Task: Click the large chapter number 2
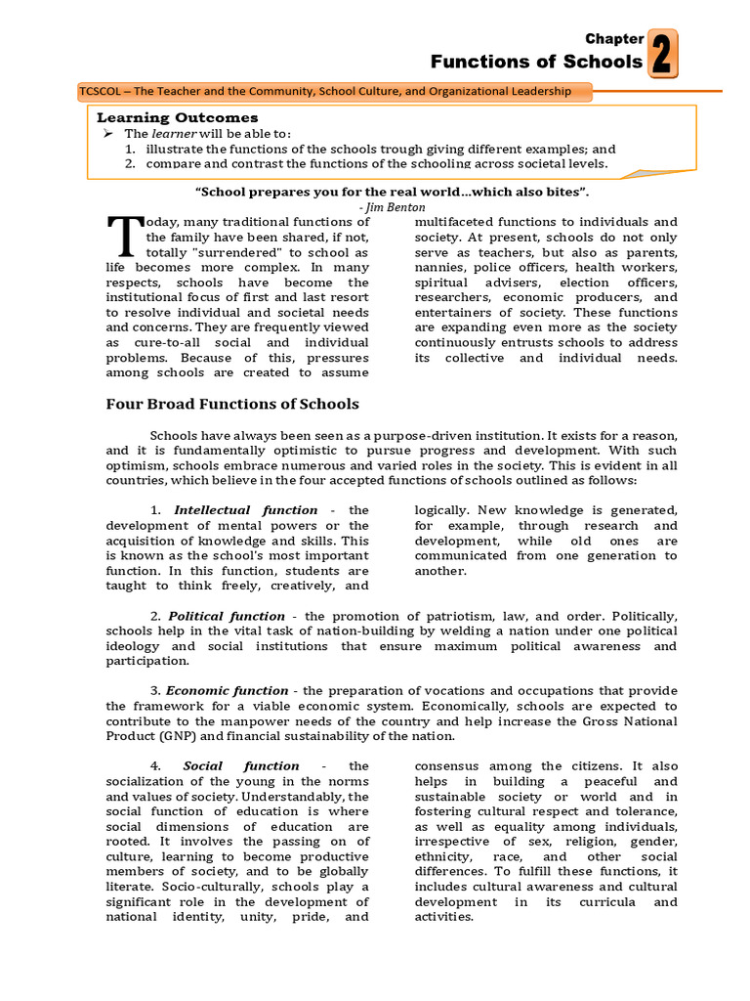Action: (661, 53)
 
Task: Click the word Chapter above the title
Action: (614, 39)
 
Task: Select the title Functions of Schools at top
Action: (536, 63)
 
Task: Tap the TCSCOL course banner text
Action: (334, 92)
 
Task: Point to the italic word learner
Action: (173, 133)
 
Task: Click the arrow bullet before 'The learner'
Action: (108, 133)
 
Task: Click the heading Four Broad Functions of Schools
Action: (231, 404)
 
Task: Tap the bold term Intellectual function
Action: (245, 510)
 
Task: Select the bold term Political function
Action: (227, 617)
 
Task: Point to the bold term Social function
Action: (241, 765)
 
